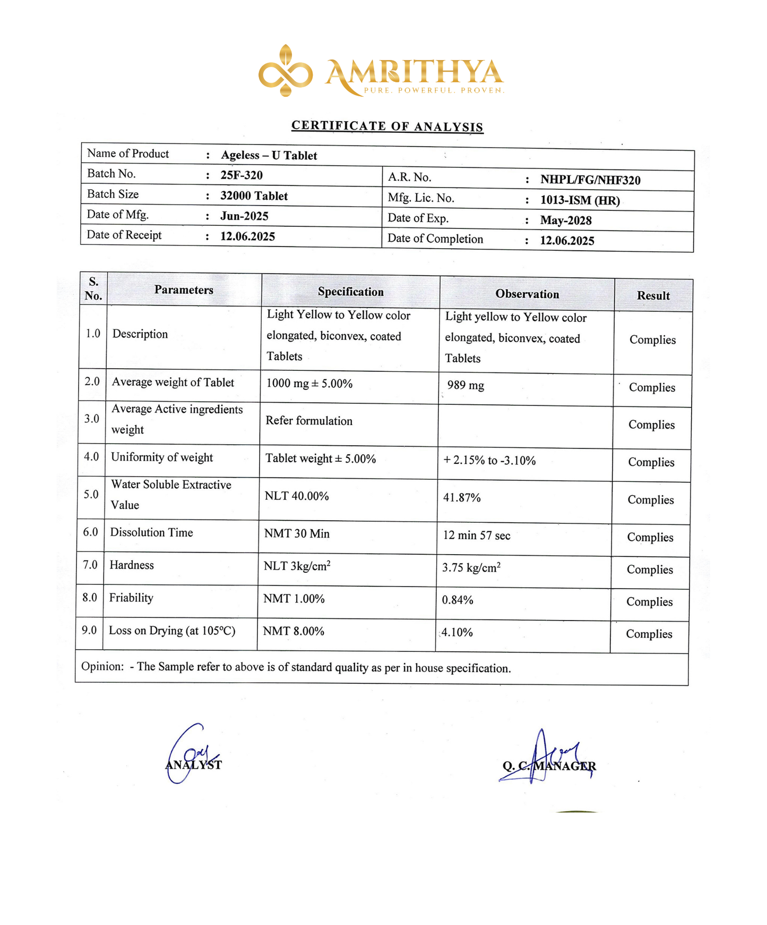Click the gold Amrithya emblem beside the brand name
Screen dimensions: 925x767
[286, 71]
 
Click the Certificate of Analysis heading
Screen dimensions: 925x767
[387, 126]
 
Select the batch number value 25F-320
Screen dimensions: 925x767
[242, 175]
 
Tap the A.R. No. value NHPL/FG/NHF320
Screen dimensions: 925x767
[590, 180]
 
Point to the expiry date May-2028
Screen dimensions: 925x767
[566, 220]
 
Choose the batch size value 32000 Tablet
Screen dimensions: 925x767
[254, 196]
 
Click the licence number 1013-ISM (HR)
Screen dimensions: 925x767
[580, 200]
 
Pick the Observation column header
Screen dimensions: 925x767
[527, 294]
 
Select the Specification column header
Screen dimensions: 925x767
[350, 292]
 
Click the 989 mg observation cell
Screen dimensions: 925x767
[466, 385]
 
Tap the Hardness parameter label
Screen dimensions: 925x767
[132, 565]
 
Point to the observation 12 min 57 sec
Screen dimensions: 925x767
[476, 536]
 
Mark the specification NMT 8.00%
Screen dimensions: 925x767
[294, 631]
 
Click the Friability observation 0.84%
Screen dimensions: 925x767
[458, 600]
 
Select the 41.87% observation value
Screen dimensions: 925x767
[462, 498]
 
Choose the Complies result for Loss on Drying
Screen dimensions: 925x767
[649, 634]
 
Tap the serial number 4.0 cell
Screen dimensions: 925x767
[91, 456]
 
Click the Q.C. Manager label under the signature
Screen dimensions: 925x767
[549, 766]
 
